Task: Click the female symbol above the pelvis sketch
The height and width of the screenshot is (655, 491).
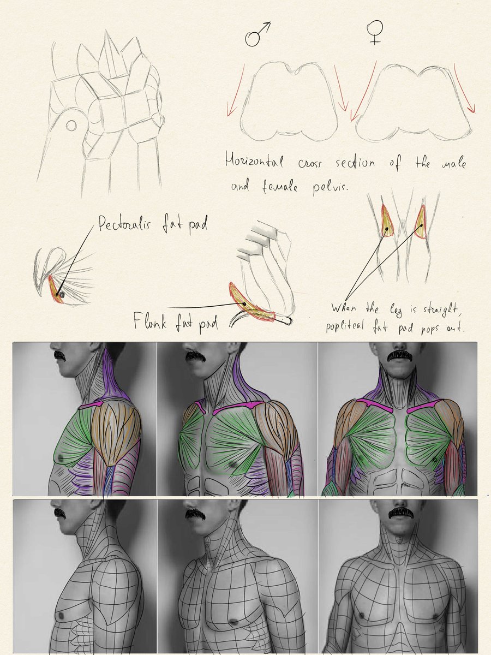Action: (x=375, y=32)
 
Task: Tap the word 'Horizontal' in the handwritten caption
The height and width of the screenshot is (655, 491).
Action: (x=254, y=160)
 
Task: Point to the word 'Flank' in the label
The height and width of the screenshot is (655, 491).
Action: (x=149, y=321)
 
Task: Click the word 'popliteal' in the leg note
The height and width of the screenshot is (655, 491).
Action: (x=345, y=326)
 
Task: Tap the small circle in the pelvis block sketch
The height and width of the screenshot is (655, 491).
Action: (x=71, y=126)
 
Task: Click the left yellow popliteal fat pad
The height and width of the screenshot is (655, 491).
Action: (x=386, y=221)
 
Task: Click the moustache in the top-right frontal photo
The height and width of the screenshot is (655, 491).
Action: (x=401, y=356)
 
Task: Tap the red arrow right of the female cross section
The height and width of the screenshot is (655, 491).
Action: (x=464, y=88)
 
